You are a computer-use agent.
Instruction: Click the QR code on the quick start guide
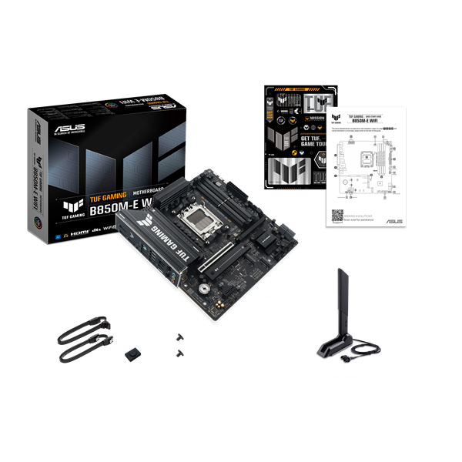coord(338,219)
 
